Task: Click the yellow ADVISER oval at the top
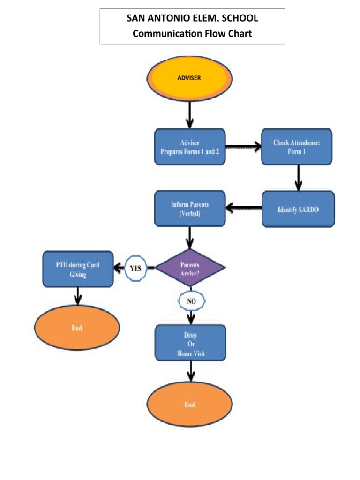pos(189,78)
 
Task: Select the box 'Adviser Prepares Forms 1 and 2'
pos(190,147)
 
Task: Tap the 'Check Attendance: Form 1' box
pos(297,147)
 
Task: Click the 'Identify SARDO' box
pos(298,209)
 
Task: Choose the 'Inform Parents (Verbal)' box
pos(190,209)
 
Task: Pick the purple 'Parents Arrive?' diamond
pos(190,268)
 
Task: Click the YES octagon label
pos(135,269)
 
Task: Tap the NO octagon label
pos(191,301)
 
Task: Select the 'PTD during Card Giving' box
pos(78,270)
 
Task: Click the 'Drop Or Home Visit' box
pos(190,343)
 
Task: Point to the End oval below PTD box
pos(77,328)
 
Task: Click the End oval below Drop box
pos(190,405)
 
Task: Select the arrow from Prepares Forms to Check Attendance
pos(243,147)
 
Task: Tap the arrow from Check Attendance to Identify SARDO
pos(297,178)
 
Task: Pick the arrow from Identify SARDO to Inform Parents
pos(243,207)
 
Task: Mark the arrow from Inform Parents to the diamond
pos(189,238)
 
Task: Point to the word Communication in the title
pos(162,34)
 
